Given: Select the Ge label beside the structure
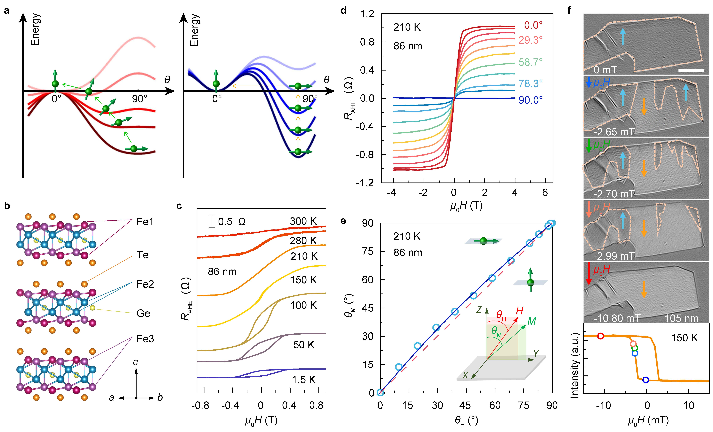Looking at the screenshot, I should [143, 314].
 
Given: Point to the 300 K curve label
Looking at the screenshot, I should [303, 221].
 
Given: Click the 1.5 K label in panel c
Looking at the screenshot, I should [304, 380].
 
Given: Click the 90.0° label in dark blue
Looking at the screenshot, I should [530, 100].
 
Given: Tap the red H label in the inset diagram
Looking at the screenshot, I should [520, 311].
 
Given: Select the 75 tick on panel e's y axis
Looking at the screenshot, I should [368, 251].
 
